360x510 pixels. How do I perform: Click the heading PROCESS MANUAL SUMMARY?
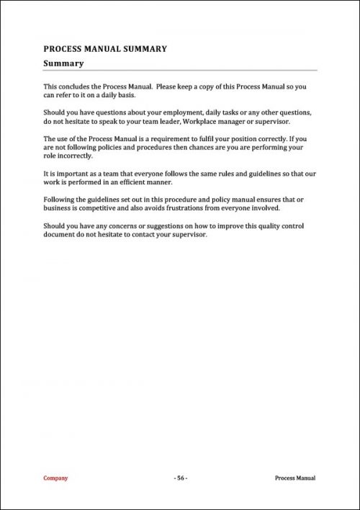point(105,49)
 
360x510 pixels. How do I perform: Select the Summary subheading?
point(64,63)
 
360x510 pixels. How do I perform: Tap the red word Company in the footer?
point(55,478)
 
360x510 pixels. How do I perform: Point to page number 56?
point(180,478)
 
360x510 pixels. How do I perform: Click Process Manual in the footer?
point(295,478)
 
